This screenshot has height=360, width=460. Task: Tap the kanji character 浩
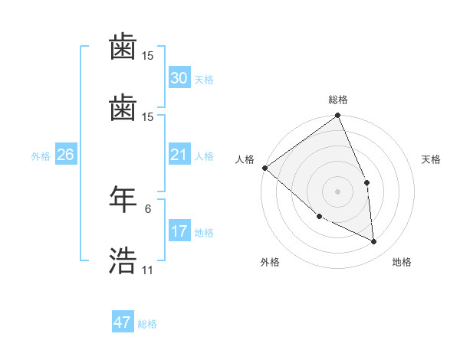pos(123,261)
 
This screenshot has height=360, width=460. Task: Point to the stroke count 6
pos(147,208)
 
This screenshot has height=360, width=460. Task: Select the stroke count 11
pos(147,270)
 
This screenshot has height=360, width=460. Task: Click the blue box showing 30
pos(179,78)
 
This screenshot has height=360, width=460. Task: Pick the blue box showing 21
pos(179,155)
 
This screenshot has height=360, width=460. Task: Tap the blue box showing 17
pos(179,231)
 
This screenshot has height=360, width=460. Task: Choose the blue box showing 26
pos(65,155)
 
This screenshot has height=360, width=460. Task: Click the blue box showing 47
pos(123,322)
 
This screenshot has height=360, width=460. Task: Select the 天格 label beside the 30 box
pos(204,80)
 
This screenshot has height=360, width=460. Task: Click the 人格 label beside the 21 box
pos(204,156)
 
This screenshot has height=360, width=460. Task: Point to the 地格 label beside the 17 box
pos(204,233)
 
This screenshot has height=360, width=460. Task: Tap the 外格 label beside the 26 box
pos(41,156)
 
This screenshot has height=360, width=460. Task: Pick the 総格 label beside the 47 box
pos(147,324)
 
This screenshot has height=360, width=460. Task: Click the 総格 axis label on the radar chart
pos(337,100)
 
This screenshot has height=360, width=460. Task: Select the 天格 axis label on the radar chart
pos(431,159)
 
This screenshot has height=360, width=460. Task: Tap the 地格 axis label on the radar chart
pos(402,262)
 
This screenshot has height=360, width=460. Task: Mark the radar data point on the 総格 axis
pos(337,116)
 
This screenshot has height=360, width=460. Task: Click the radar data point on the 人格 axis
pos(264,168)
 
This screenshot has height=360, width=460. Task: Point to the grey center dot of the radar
pos(337,191)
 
